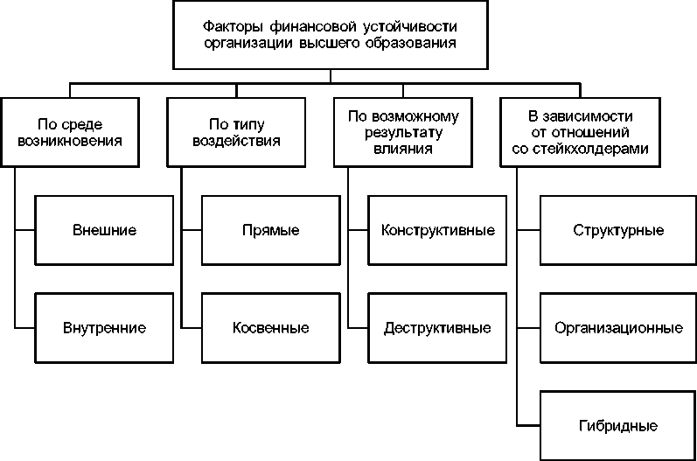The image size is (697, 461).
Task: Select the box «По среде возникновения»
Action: click(69, 130)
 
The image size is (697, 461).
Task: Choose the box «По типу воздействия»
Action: click(235, 130)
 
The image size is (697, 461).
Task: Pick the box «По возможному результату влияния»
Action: click(402, 130)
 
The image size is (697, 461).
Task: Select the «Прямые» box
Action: click(271, 231)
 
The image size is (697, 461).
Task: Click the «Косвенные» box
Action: click(271, 328)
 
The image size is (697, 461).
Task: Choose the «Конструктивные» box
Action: click(437, 231)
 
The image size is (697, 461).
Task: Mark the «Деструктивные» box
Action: click(437, 328)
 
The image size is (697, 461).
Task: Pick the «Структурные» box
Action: click(617, 231)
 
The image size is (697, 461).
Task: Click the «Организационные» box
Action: click(617, 328)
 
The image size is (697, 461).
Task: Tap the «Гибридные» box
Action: click(617, 426)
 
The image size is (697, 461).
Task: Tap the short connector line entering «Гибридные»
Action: click(528, 426)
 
